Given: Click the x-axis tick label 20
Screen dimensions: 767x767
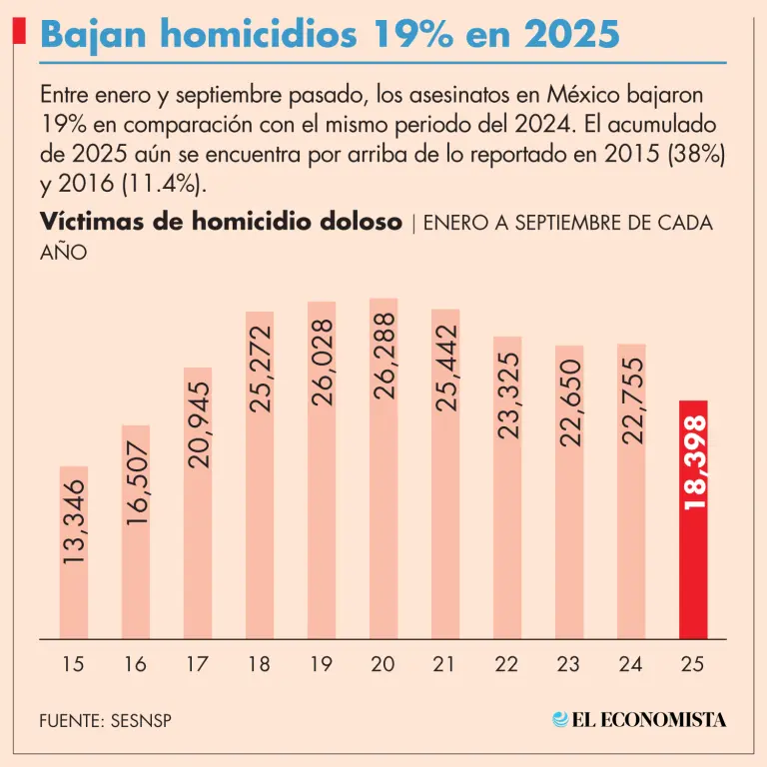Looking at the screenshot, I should (383, 664).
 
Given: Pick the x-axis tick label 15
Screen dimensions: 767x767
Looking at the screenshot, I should (74, 664).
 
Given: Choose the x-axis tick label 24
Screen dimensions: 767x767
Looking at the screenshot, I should (631, 664).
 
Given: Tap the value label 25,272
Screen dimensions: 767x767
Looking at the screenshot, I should (260, 369).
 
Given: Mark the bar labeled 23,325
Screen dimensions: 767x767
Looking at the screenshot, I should (507, 395).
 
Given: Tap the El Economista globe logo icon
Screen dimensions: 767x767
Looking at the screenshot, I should (561, 719).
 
